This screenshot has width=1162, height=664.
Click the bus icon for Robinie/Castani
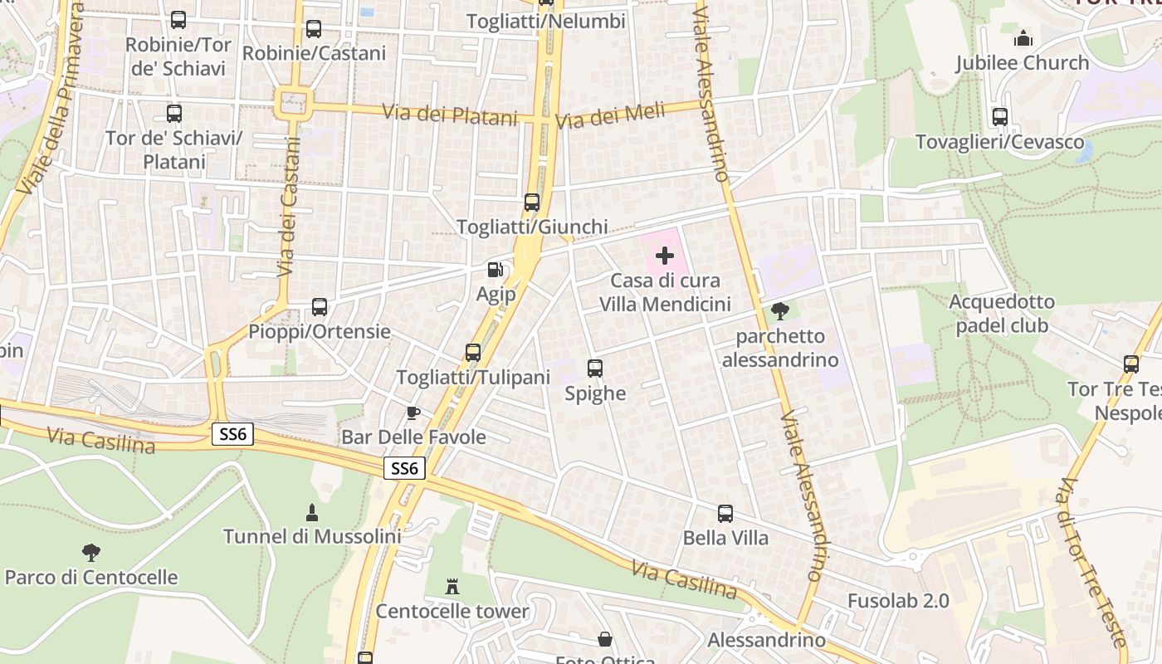pyautogui.click(x=314, y=29)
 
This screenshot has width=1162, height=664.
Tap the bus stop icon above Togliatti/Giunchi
pyautogui.click(x=532, y=203)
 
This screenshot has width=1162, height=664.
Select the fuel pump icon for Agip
pyautogui.click(x=496, y=270)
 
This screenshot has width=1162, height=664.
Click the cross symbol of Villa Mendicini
pyautogui.click(x=665, y=256)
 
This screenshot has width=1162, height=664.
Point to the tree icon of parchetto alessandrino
pyautogui.click(x=779, y=311)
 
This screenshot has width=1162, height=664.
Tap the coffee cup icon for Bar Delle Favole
pyautogui.click(x=413, y=413)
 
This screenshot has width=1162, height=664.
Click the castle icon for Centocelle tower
pyautogui.click(x=452, y=587)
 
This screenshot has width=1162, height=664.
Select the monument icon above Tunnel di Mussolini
pyautogui.click(x=312, y=512)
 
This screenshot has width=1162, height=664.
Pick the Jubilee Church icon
pyautogui.click(x=1023, y=38)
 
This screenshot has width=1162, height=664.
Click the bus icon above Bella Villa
pyautogui.click(x=725, y=514)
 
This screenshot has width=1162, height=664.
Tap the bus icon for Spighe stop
pyautogui.click(x=595, y=369)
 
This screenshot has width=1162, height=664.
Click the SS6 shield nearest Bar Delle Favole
pyautogui.click(x=405, y=469)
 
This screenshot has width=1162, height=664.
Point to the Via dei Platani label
pyautogui.click(x=450, y=115)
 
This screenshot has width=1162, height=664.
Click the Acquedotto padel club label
pyautogui.click(x=1002, y=314)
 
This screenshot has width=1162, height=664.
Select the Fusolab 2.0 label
pyautogui.click(x=898, y=600)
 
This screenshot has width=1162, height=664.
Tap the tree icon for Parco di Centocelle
pyautogui.click(x=91, y=553)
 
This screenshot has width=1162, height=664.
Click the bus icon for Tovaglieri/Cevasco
pyautogui.click(x=1000, y=117)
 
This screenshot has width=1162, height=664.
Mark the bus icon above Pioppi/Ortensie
pyautogui.click(x=320, y=307)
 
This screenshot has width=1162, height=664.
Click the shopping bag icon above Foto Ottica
pyautogui.click(x=606, y=639)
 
